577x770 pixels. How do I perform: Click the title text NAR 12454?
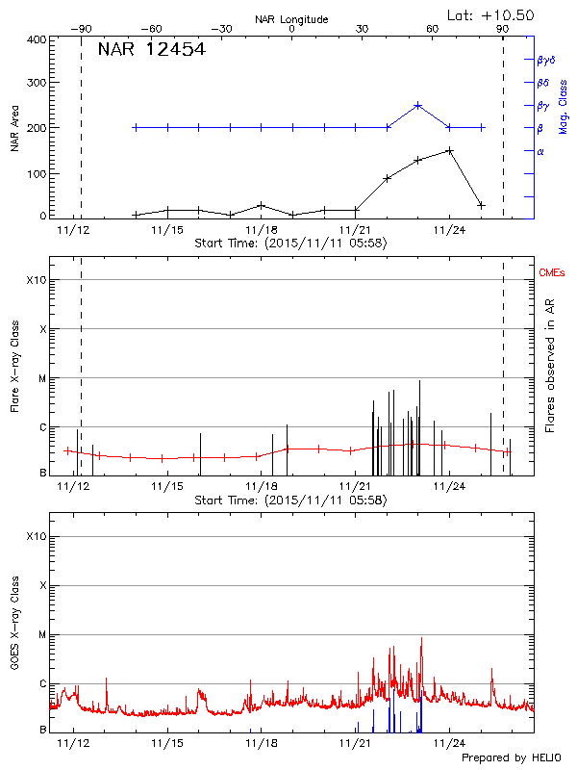pos(151,50)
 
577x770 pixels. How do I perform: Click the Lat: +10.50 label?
pos(491,14)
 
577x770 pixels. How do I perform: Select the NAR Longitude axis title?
pos(291,19)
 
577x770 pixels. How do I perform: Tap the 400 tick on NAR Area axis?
pos(38,40)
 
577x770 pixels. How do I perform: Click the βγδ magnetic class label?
pos(545,60)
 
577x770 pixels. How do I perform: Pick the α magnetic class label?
pos(539,151)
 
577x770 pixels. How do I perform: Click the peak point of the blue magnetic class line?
pos(417,105)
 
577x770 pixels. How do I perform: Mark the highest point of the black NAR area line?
pos(449,150)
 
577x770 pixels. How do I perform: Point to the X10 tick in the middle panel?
pos(38,280)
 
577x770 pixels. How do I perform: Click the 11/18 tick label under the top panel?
pos(261,230)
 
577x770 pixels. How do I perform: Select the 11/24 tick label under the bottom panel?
pos(449,744)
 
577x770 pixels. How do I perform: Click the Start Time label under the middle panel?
pos(290,500)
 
